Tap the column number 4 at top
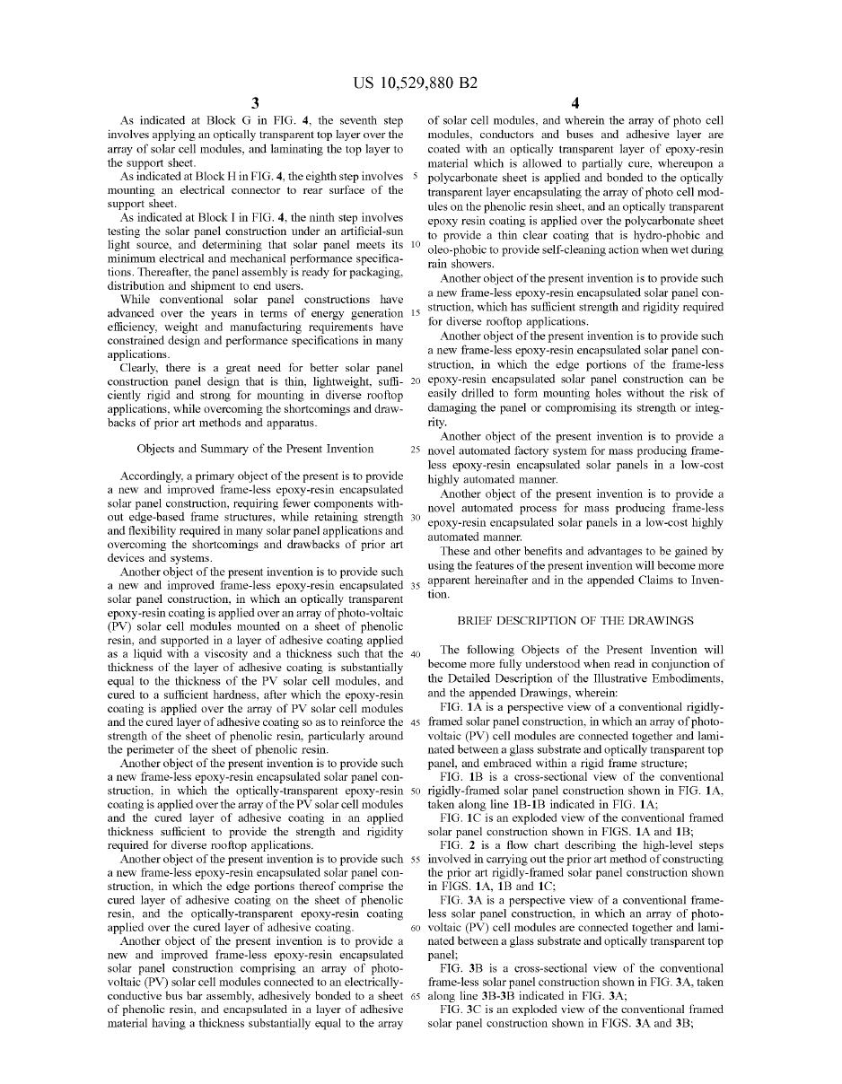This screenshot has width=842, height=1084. coord(575,103)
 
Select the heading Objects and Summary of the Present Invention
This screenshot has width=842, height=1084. coord(255,449)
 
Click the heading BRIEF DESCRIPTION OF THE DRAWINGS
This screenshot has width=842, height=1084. coord(575,620)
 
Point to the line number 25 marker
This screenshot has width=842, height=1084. coord(416,450)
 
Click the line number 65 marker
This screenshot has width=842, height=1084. coord(416,995)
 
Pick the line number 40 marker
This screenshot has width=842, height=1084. coord(416,653)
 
